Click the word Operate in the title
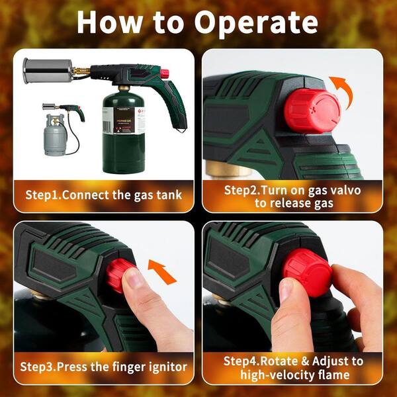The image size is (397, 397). (256, 23)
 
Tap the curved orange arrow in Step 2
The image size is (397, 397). (342, 92)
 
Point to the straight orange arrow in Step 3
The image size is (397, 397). (162, 272)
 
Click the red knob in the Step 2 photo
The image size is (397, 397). (312, 110)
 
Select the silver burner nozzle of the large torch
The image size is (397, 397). (48, 70)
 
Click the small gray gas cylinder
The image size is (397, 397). (55, 135)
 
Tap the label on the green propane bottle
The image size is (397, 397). (124, 120)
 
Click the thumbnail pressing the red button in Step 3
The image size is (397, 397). (132, 278)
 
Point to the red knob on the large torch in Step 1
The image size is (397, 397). (165, 73)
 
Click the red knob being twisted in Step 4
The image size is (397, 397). (308, 273)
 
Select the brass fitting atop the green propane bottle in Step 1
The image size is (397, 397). (124, 88)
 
